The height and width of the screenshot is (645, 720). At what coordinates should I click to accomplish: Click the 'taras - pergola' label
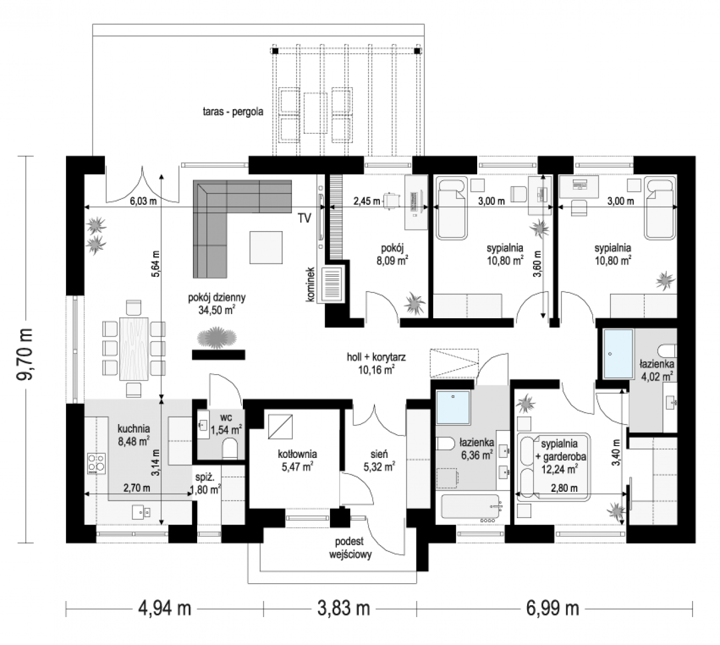[233, 112]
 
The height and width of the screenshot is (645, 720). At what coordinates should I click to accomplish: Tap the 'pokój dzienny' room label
[217, 297]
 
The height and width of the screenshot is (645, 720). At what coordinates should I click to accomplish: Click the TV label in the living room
[305, 218]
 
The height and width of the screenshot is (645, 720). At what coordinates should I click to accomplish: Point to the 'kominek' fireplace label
[311, 284]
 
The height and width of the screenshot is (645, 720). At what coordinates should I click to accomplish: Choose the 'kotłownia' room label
[298, 454]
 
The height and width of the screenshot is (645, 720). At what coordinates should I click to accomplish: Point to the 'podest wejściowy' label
[350, 548]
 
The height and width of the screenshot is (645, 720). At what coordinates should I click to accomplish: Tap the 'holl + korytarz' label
[376, 357]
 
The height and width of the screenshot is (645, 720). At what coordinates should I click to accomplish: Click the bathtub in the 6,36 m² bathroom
[471, 506]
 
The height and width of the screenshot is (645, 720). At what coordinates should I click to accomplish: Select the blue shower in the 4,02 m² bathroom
[618, 354]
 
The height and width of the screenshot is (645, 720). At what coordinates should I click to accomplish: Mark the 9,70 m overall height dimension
[26, 354]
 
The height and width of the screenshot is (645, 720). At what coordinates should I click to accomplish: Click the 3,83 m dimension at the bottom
[343, 608]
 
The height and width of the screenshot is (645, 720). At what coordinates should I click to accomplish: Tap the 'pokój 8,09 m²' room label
[392, 254]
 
